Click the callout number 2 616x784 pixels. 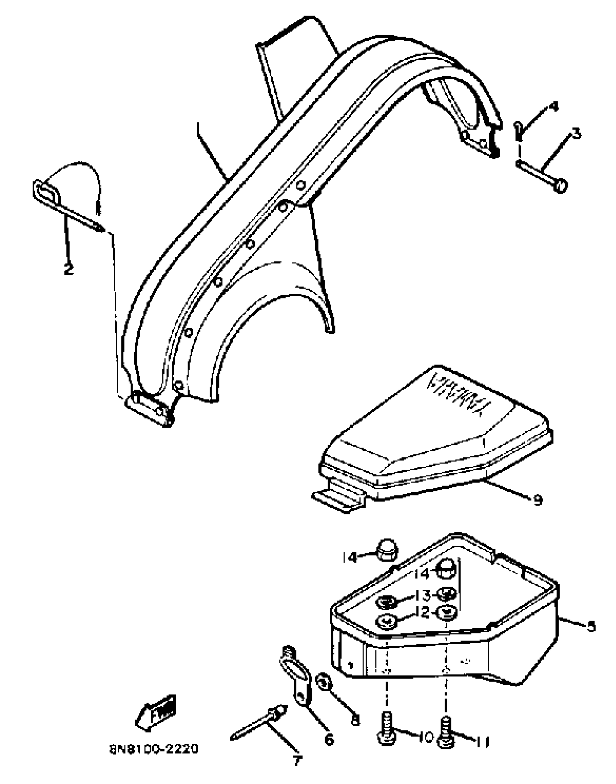tap(68, 269)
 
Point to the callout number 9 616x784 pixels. tap(538, 500)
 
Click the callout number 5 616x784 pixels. tap(591, 626)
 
